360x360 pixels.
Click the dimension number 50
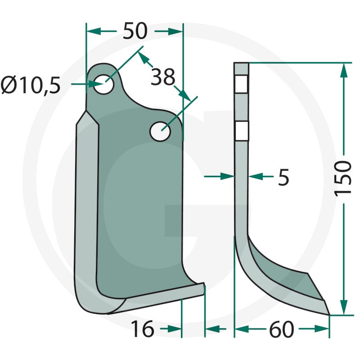click(x=135, y=31)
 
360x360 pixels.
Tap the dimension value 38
click(x=163, y=77)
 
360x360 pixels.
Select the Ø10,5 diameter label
click(x=31, y=85)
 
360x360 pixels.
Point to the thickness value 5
click(x=283, y=177)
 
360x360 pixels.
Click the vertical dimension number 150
click(x=343, y=179)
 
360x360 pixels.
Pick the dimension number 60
click(x=282, y=329)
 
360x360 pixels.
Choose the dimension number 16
click(x=142, y=329)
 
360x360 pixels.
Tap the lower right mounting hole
click(x=160, y=131)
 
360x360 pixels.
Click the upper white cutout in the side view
click(x=241, y=84)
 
